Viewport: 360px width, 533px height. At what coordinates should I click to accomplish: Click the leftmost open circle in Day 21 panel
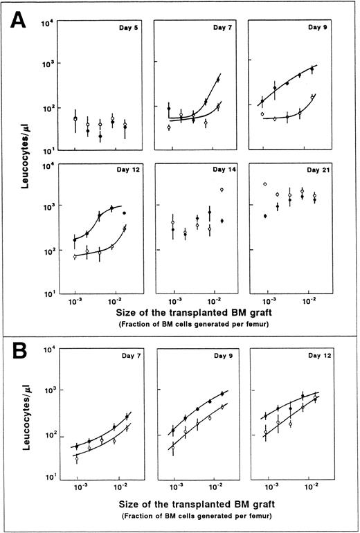(x=265, y=184)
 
